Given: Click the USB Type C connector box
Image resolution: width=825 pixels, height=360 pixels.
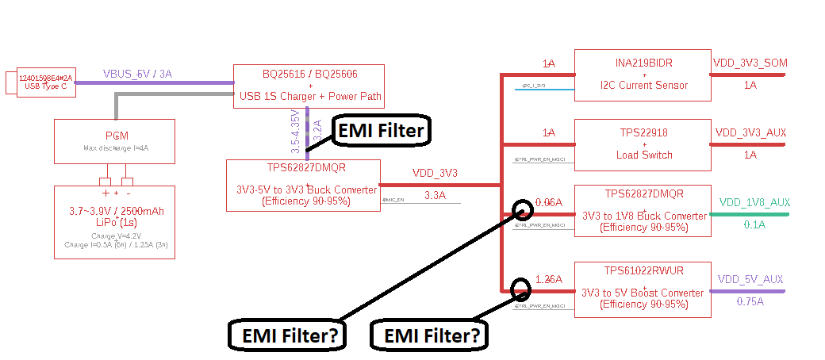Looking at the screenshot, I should pos(47,82).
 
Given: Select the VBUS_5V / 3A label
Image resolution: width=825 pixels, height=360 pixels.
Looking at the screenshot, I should pos(137,74).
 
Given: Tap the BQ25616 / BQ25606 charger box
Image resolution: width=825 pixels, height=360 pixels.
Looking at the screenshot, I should pos(309,86).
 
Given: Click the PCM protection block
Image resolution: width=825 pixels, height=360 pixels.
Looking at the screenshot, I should pos(114,141).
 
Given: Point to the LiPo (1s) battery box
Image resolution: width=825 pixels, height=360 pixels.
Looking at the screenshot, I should pos(114,222).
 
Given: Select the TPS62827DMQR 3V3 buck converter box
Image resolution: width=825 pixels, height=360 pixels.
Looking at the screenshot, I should pos(302,186).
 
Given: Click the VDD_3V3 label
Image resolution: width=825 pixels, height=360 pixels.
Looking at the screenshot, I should pos(434,173).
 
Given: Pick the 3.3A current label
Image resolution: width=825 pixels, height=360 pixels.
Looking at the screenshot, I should pos(435,195).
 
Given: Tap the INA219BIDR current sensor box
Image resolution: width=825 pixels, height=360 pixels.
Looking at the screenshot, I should pos(642,75).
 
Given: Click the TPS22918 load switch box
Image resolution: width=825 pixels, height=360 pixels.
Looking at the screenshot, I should pos(642,144).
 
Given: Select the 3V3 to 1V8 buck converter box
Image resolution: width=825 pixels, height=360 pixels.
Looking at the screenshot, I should pos(642,210).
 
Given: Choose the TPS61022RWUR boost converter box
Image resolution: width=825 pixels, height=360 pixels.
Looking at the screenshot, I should pos(642,289).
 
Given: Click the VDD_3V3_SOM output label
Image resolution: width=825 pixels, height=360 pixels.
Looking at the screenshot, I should pos(750,63).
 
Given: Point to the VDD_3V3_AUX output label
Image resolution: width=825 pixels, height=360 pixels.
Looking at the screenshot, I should pos(750,132).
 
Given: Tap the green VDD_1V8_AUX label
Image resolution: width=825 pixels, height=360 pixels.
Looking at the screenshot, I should pos(754,202).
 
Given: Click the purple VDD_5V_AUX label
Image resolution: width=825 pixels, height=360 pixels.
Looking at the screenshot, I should pos(750,279).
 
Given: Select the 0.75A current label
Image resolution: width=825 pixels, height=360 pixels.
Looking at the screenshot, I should pos(750,302).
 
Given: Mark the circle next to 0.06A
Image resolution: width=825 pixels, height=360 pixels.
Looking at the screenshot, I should pos(523,209).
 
